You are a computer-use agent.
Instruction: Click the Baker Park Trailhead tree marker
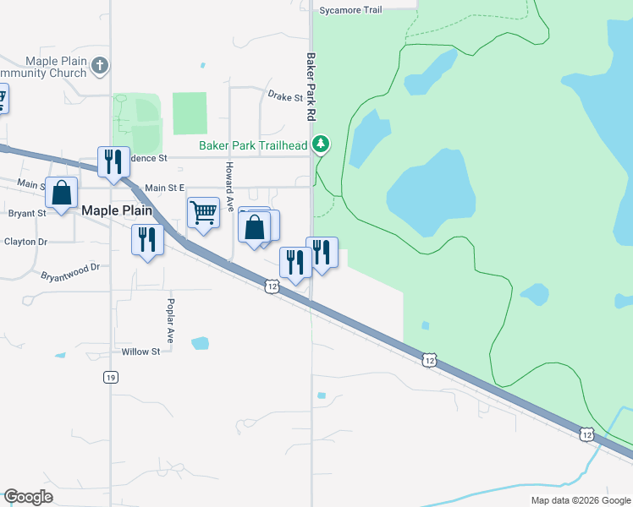[321, 144]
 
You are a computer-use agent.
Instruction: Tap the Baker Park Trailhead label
[253, 146]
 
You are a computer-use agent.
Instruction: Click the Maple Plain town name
[117, 210]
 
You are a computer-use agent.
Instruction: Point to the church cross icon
[100, 65]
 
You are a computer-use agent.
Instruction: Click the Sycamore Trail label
[351, 10]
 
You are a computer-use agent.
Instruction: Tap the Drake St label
[285, 98]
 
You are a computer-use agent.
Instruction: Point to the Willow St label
[140, 352]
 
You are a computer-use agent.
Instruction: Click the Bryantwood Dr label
[70, 271]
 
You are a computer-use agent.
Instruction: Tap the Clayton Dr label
[26, 242]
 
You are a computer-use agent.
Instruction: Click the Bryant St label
[27, 214]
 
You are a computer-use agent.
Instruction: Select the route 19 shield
[111, 377]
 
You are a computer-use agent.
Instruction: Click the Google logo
[28, 497]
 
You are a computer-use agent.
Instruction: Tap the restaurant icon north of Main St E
[113, 161]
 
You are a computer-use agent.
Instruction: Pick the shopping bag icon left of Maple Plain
[62, 193]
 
